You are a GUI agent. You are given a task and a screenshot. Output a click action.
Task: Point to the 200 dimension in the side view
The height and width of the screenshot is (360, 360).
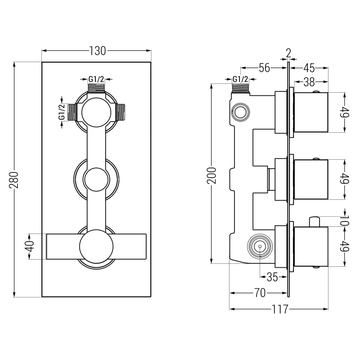(212, 174)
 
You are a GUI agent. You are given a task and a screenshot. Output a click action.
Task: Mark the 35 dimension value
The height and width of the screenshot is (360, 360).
(272, 277)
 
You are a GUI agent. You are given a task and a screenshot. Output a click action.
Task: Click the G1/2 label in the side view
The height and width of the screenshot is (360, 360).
(240, 80)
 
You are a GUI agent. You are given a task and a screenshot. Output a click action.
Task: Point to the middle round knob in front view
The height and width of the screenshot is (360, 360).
(96, 179)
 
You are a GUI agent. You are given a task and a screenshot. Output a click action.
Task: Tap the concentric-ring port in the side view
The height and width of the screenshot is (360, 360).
(259, 246)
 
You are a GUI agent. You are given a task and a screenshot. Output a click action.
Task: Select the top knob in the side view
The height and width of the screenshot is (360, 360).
(310, 113)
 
